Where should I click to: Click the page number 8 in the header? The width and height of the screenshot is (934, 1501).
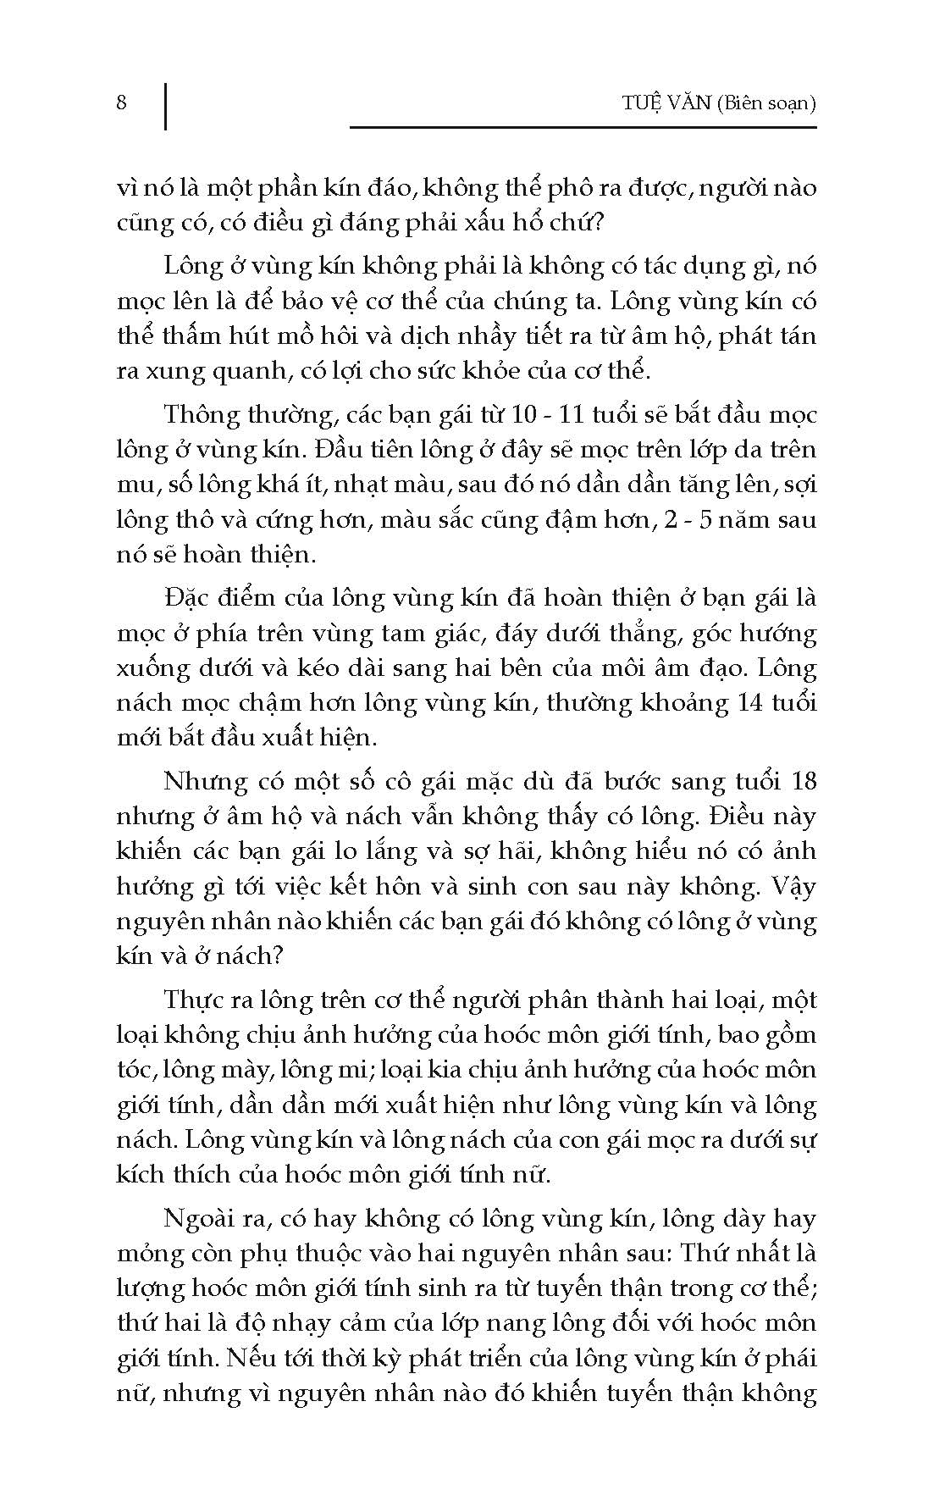tap(122, 103)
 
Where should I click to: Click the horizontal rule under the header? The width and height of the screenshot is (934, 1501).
tap(583, 128)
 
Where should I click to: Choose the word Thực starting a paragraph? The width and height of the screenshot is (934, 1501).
tap(193, 1000)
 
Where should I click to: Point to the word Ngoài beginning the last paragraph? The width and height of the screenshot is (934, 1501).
tap(200, 1218)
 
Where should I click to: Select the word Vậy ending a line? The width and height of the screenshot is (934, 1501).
tap(793, 886)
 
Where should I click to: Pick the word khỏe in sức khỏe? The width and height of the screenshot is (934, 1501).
tap(533, 371)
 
